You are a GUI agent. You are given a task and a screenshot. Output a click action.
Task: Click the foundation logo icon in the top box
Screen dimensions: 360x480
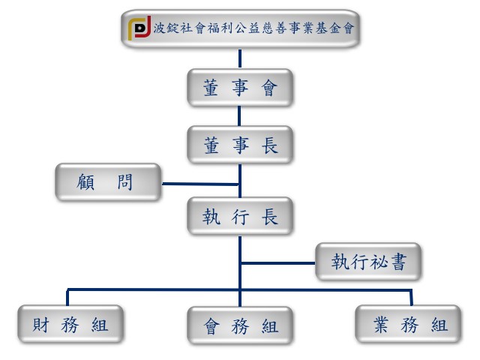coord(139,29)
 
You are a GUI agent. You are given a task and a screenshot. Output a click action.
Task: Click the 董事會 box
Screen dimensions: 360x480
coord(239,88)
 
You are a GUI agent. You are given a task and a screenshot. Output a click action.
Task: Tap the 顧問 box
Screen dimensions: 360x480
coord(108,181)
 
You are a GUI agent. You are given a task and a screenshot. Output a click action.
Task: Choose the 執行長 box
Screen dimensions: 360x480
coord(239,217)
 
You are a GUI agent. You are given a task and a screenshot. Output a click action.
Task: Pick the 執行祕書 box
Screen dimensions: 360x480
coord(369,262)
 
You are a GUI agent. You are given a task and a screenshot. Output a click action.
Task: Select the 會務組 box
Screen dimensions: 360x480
coord(239,326)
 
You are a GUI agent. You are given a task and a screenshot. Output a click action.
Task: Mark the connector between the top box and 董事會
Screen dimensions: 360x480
coord(239,59)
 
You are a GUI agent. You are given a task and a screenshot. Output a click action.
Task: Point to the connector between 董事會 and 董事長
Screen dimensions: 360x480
coord(239,116)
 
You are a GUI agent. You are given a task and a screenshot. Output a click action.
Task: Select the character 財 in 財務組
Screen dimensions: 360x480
coord(40,325)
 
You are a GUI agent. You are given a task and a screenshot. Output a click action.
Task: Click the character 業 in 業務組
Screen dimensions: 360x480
coord(381,325)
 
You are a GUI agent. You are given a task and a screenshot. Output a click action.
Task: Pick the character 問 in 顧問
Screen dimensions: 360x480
coord(124,181)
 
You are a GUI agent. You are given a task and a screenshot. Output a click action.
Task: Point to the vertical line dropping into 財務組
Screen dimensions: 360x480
coord(68,298)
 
